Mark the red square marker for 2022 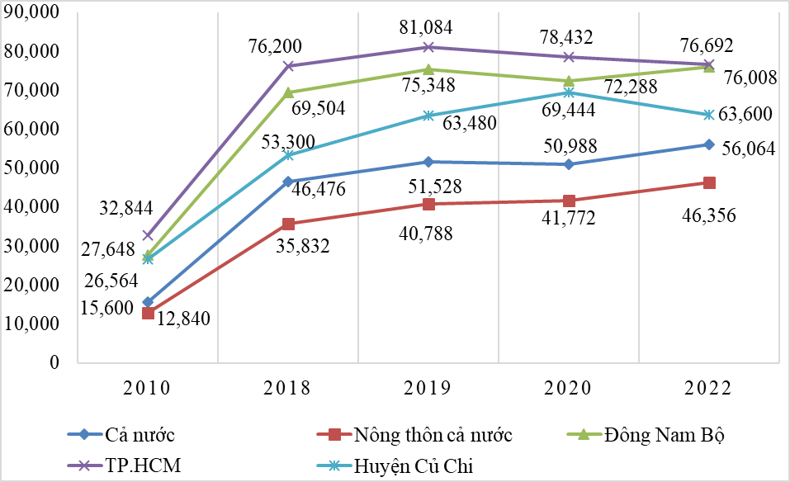(709, 182)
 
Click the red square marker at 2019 (428, 204)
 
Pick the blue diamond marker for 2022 (709, 144)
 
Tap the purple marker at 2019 (428, 47)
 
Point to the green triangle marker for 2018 (288, 92)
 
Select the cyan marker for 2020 (569, 92)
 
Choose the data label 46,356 (707, 217)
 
